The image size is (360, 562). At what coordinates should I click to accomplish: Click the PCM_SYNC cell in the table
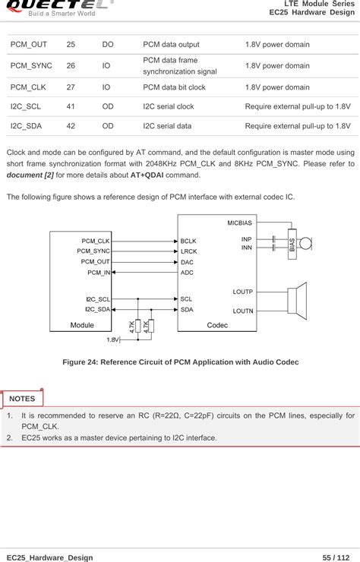point(31,65)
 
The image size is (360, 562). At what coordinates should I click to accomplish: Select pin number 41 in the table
point(71,107)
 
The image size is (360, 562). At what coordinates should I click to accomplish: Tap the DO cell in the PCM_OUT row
point(108,45)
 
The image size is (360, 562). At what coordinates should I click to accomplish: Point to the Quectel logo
point(57,7)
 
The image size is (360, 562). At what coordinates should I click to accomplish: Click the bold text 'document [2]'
point(30,175)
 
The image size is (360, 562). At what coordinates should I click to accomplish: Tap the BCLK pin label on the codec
point(188,241)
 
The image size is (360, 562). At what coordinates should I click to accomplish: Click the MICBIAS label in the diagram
point(240,223)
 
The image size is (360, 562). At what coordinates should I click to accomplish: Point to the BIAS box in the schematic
point(292,244)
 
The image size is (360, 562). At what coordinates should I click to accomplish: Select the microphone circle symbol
point(306,244)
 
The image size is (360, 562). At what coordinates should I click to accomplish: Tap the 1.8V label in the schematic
point(112,339)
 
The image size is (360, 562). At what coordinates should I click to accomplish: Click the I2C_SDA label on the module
point(98,309)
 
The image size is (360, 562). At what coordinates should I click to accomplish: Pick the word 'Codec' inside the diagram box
point(217,325)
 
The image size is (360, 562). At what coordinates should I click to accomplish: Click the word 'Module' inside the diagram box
point(82,325)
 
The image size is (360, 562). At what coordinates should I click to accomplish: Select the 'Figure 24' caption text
point(180,362)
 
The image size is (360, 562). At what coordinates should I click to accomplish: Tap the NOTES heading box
point(23,398)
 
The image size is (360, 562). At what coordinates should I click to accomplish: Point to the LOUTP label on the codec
point(242,292)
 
